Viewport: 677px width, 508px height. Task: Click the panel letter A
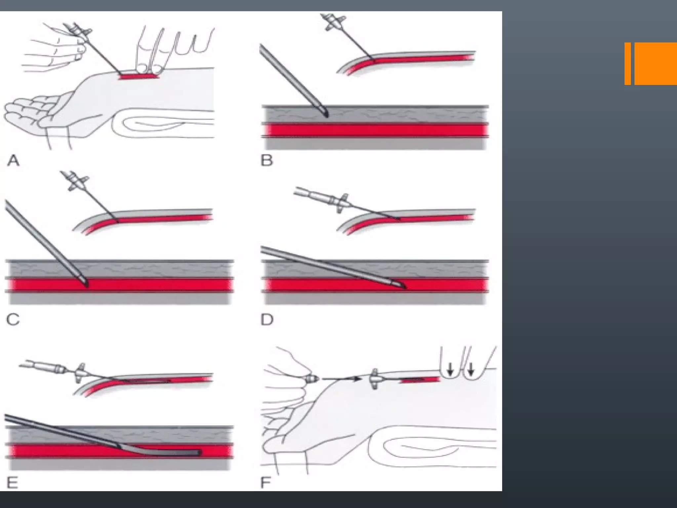tap(13, 161)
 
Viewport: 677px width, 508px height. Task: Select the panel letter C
tap(13, 320)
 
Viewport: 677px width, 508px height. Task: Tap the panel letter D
tap(267, 320)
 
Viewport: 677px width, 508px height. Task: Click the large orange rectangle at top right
tap(656, 63)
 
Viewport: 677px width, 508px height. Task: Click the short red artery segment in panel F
tap(420, 381)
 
